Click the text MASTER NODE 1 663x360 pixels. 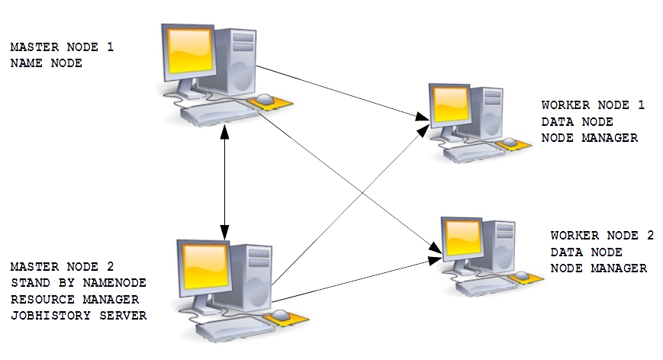[x=62, y=47]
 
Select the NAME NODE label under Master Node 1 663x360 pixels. [x=46, y=63]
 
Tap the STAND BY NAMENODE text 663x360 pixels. [x=79, y=283]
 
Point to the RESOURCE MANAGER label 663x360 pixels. [x=75, y=300]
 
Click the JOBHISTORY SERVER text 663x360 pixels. [x=79, y=316]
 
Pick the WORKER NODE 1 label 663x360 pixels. [x=593, y=105]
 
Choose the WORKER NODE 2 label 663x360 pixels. [x=602, y=236]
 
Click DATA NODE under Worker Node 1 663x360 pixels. [x=577, y=122]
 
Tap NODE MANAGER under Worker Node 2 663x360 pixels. [x=599, y=268]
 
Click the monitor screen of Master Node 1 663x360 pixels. [x=190, y=50]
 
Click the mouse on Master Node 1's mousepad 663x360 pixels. [x=265, y=99]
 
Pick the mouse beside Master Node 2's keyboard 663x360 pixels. [x=280, y=315]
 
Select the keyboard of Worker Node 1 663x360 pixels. [x=474, y=153]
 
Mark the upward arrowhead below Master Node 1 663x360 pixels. [x=224, y=133]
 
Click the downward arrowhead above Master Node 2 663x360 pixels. [x=224, y=233]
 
